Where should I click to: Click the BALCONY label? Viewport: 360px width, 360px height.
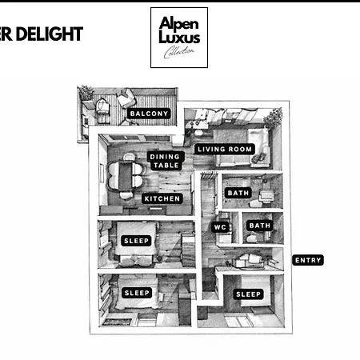[149, 114]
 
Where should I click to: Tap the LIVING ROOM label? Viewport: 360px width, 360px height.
[225, 149]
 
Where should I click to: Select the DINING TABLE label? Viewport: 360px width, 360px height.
[166, 161]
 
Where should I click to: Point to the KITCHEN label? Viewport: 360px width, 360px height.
[162, 198]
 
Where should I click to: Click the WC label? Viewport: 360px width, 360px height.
[221, 227]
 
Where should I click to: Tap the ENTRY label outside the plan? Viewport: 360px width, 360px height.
[308, 260]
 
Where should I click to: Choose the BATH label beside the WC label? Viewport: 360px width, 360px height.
[259, 226]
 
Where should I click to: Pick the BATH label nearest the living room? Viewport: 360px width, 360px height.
[238, 193]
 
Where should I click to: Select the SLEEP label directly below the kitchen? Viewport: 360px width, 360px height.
[136, 241]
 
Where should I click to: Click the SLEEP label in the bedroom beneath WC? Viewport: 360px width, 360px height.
[248, 294]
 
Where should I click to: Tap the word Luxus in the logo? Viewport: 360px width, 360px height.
[179, 37]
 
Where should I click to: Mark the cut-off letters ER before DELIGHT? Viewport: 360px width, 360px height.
[6, 34]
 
